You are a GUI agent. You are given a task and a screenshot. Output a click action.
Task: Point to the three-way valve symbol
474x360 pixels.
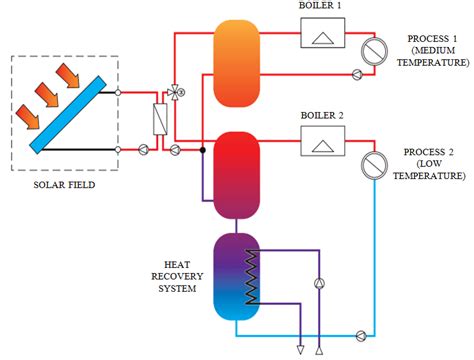pyautogui.click(x=176, y=92)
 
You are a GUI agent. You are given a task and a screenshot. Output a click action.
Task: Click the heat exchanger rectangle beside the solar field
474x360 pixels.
pyautogui.click(x=158, y=120)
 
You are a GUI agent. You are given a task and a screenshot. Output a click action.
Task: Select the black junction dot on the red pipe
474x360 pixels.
pyautogui.click(x=202, y=151)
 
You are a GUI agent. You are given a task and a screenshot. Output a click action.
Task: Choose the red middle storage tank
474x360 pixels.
pyautogui.click(x=237, y=174)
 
